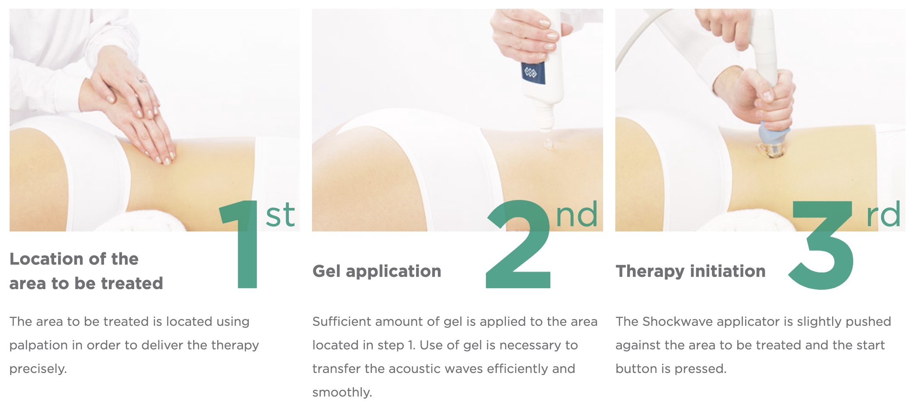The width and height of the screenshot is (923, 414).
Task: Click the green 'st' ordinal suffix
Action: pos(280,215)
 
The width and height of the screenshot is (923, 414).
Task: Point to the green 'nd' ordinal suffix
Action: pos(576,215)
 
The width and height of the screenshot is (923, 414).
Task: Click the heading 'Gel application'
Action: pos(377,272)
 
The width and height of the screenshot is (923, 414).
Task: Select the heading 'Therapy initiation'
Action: pos(691,272)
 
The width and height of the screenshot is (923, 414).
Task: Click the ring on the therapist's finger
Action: pos(143,80)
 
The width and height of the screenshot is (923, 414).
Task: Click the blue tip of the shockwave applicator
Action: pos(775,131)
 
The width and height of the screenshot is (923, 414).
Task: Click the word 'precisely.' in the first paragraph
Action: pos(38,369)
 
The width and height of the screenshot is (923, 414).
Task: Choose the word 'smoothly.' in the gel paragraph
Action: pos(342,392)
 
